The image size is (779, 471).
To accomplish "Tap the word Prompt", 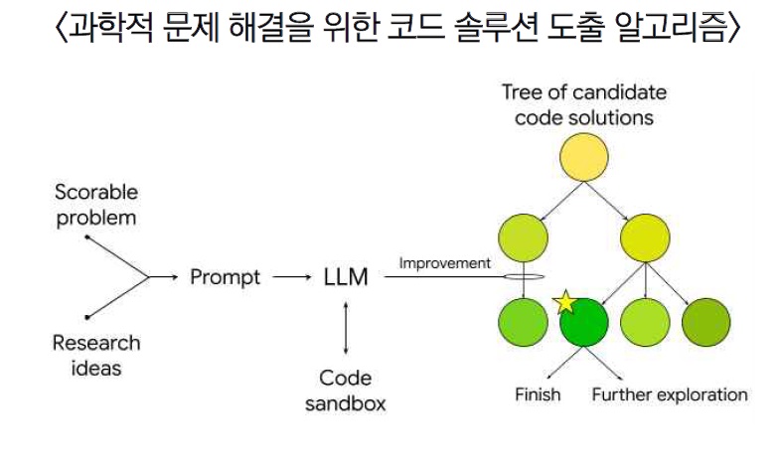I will [226, 277].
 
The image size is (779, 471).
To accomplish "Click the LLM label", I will [345, 277].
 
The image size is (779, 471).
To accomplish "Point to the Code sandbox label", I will [345, 391].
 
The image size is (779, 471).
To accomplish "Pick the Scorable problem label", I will [96, 205].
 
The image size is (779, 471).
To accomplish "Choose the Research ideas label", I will [96, 355].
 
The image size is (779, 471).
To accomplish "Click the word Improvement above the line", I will [444, 263].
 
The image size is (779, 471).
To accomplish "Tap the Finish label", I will [538, 394].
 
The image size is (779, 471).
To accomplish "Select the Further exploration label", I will [669, 394].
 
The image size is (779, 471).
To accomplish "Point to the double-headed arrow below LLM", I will [345, 329].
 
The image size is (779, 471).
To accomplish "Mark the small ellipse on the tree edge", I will [523, 277].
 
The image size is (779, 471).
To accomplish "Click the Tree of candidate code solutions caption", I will [583, 104].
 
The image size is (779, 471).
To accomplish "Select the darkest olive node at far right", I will [706, 321].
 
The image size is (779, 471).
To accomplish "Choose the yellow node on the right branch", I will [645, 237].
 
